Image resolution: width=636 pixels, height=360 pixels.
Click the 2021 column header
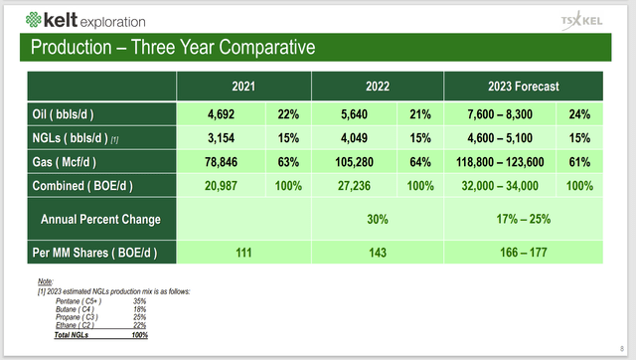[x=241, y=86]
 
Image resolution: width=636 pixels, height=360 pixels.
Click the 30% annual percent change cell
[x=377, y=219]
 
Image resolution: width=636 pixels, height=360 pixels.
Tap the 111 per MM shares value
[x=241, y=253]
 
